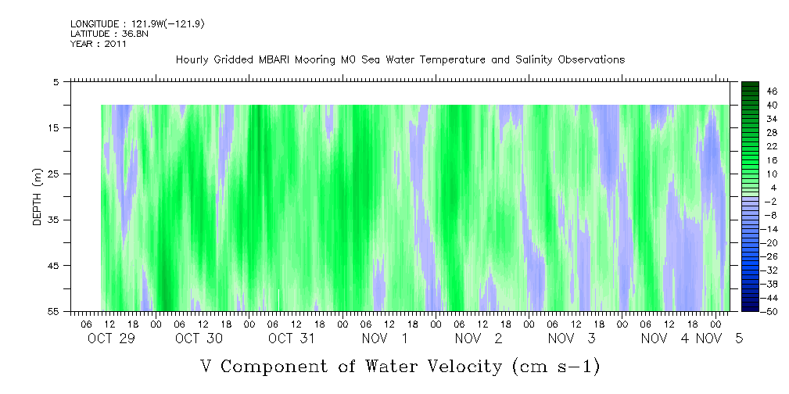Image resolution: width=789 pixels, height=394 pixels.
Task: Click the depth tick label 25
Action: pos(57,174)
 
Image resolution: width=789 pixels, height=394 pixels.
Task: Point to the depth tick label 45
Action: pos(57,266)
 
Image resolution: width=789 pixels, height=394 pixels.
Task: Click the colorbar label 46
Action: pos(773,91)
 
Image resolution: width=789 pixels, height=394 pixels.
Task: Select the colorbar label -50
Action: pos(771,310)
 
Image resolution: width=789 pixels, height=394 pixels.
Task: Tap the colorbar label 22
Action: pos(773,145)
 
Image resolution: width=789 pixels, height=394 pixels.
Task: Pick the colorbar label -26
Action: pos(771,256)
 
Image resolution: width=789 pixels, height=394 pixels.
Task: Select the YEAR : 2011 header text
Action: pos(99,44)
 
